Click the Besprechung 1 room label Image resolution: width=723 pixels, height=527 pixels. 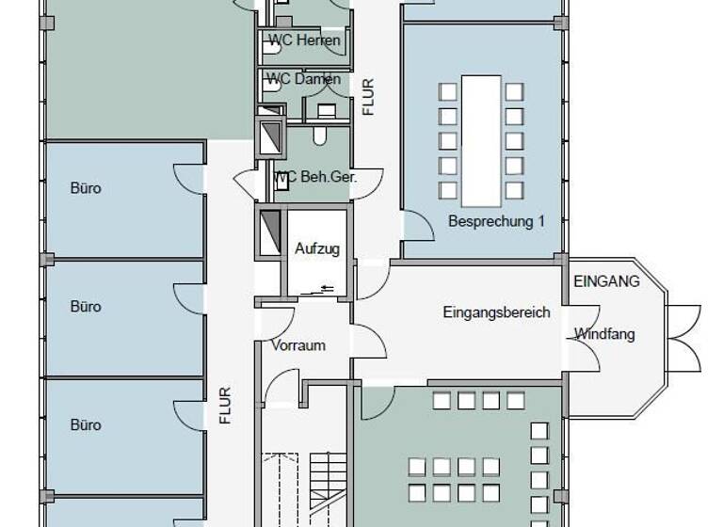[496, 221]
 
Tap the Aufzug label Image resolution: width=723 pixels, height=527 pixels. [317, 248]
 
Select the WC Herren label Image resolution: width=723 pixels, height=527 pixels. [303, 40]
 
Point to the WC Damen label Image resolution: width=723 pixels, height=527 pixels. [302, 79]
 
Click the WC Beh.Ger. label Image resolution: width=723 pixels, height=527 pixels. [313, 176]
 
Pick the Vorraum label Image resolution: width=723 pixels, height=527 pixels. [297, 345]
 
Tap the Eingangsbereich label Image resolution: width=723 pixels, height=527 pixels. [496, 312]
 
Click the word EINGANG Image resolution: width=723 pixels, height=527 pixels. [606, 280]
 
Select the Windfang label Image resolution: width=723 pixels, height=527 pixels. [604, 333]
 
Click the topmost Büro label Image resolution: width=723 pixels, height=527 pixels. [86, 188]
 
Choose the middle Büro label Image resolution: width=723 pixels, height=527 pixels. [86, 307]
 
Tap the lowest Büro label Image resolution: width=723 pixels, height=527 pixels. [86, 425]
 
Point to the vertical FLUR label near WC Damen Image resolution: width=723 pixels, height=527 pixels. [368, 97]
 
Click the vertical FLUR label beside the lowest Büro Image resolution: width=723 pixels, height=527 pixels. [225, 406]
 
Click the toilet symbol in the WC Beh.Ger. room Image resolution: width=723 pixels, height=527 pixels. [320, 136]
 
